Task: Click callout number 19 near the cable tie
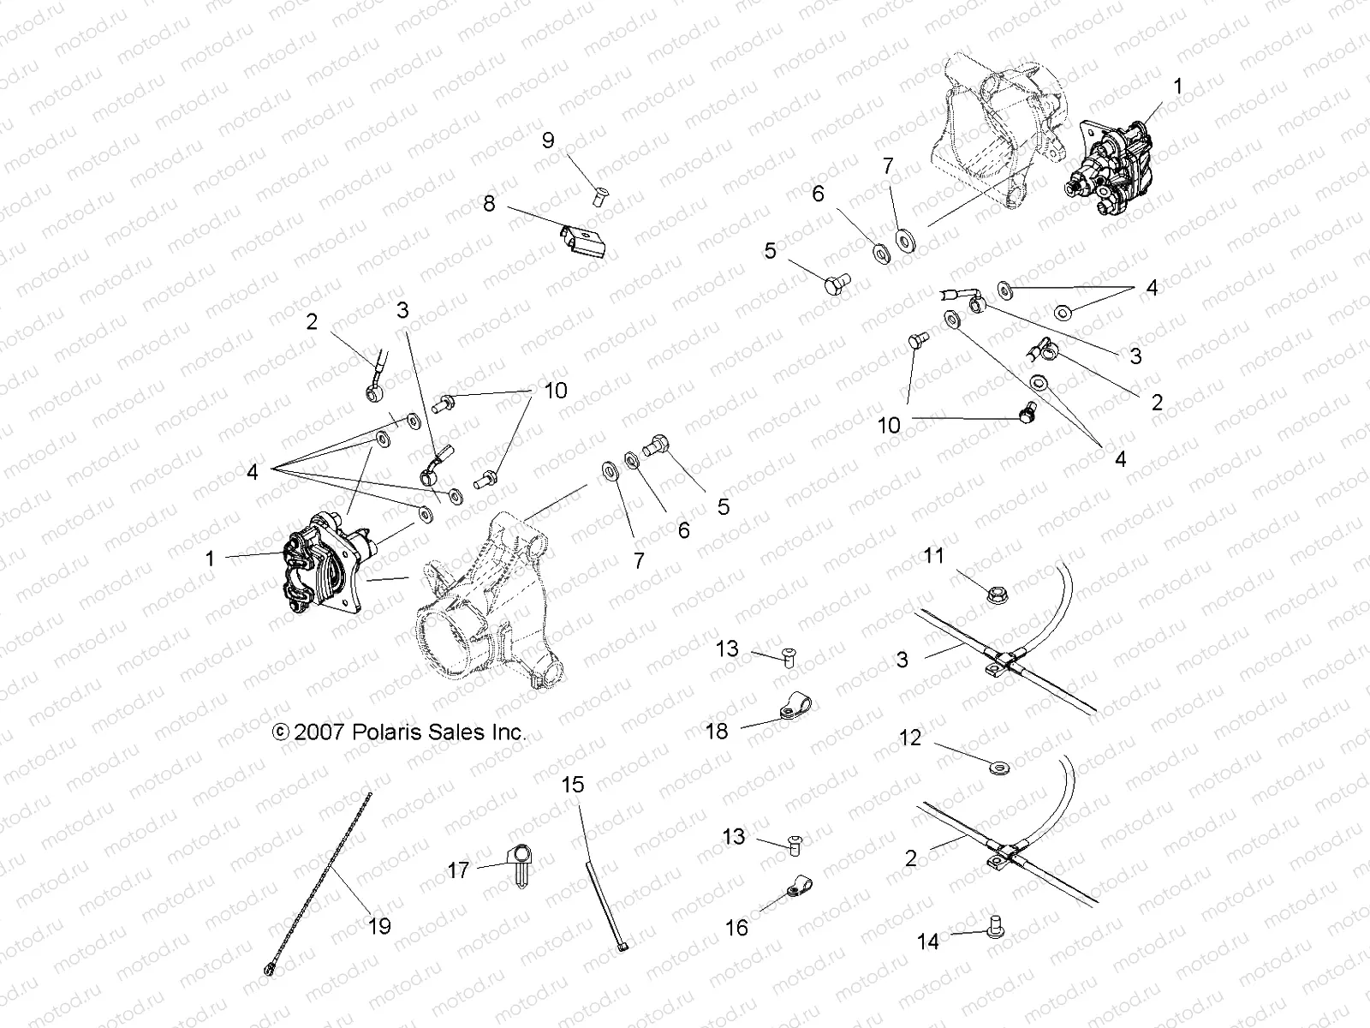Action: coord(379,926)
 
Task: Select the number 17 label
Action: coord(459,870)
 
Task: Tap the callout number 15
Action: coord(573,784)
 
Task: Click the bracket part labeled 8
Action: coord(585,239)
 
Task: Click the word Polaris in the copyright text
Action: coord(385,733)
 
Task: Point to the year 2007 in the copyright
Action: coord(319,733)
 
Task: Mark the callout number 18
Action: coord(718,732)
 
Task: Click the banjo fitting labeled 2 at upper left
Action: coord(375,390)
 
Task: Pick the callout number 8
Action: coord(490,204)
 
